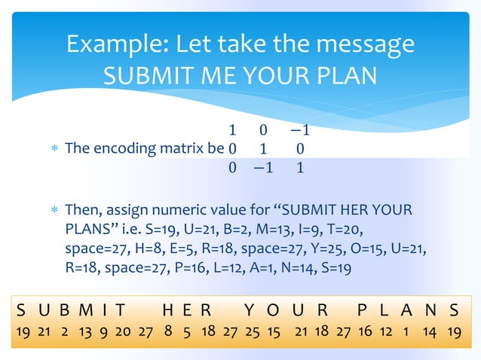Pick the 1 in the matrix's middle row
263,148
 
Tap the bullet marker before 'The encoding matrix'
51,148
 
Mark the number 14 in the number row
431,332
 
